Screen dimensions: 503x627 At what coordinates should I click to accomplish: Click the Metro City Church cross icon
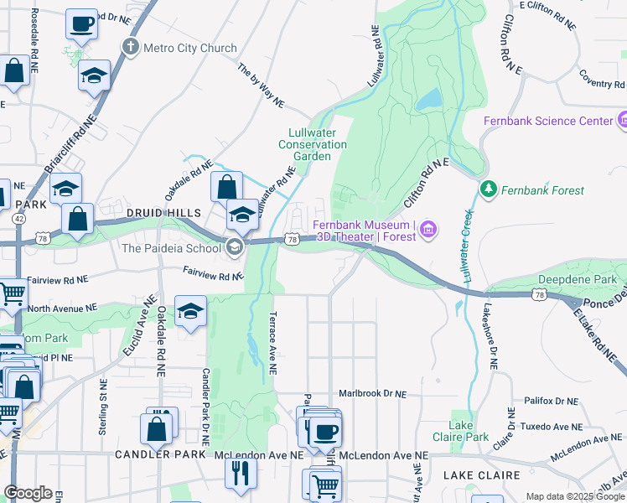point(130,48)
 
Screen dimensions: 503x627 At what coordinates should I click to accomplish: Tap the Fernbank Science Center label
point(547,121)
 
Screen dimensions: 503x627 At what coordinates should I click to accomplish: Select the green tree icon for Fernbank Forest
point(488,190)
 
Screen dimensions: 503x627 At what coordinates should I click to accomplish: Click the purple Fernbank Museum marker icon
point(428,229)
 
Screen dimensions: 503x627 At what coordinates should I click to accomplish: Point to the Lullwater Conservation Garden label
point(317,144)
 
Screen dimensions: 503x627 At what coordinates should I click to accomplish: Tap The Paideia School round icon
point(235,246)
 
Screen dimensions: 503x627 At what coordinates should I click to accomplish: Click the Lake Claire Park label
point(469,431)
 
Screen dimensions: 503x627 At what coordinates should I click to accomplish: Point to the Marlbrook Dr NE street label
point(372,393)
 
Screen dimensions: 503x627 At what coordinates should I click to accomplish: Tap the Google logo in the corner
point(28,493)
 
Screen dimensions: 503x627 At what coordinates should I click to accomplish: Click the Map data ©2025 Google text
point(575,496)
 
